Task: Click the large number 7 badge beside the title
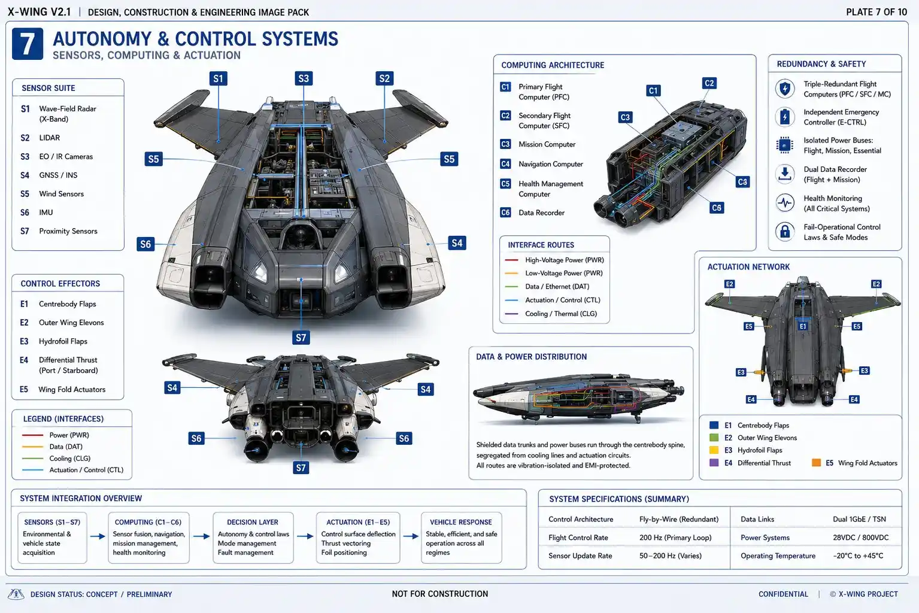click(28, 44)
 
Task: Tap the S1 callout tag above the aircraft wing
click(219, 78)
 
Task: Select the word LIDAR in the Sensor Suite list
click(50, 138)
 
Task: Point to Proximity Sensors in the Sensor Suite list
click(68, 231)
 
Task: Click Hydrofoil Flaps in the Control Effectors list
click(63, 341)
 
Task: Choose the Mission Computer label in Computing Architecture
click(547, 144)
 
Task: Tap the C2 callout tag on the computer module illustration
click(709, 83)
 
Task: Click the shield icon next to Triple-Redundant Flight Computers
click(785, 89)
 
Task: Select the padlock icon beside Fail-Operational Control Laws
click(785, 232)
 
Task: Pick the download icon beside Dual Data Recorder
click(785, 174)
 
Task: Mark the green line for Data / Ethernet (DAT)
click(512, 286)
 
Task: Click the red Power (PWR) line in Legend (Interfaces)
click(32, 435)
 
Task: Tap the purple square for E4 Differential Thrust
click(714, 463)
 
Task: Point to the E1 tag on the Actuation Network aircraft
click(803, 326)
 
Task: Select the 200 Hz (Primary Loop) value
click(675, 538)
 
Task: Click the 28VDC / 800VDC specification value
click(861, 538)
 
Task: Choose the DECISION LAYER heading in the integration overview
click(253, 522)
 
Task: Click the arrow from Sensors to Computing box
click(98, 536)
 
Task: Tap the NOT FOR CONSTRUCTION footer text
click(440, 594)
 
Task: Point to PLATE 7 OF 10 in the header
click(876, 12)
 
